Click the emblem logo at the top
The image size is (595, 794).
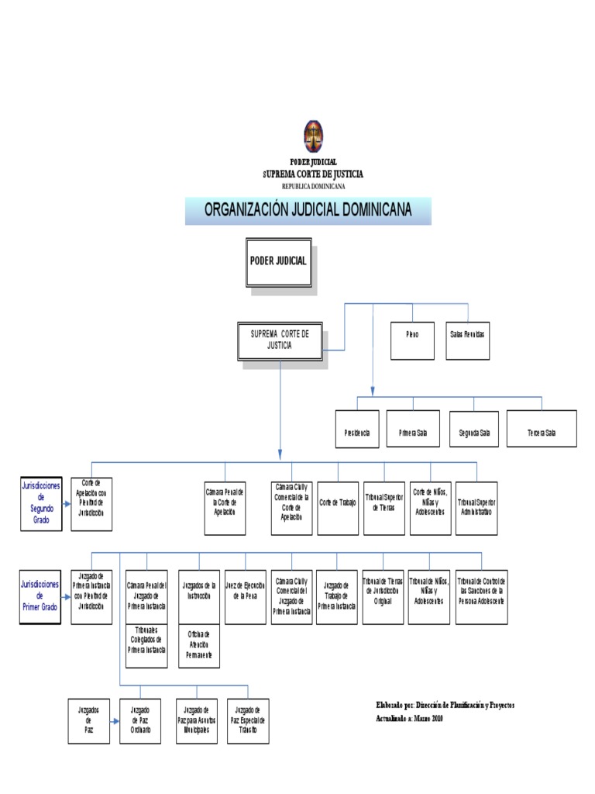coord(313,136)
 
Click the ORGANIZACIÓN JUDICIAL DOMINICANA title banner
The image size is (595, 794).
coord(308,210)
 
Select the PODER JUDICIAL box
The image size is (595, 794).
coord(278,261)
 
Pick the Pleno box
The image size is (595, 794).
coord(412,340)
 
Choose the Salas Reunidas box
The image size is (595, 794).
coord(467,340)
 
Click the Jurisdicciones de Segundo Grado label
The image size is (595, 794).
coord(42,502)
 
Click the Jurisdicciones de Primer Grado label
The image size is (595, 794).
coord(42,596)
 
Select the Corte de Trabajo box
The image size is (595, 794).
coord(338,508)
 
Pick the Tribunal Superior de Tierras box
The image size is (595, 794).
coord(384,508)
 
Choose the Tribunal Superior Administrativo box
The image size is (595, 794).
coord(476,508)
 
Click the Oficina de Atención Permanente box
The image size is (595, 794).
coord(198,645)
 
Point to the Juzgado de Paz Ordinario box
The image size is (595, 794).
coord(140,720)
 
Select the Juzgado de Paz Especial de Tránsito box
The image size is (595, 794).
coord(249,720)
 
